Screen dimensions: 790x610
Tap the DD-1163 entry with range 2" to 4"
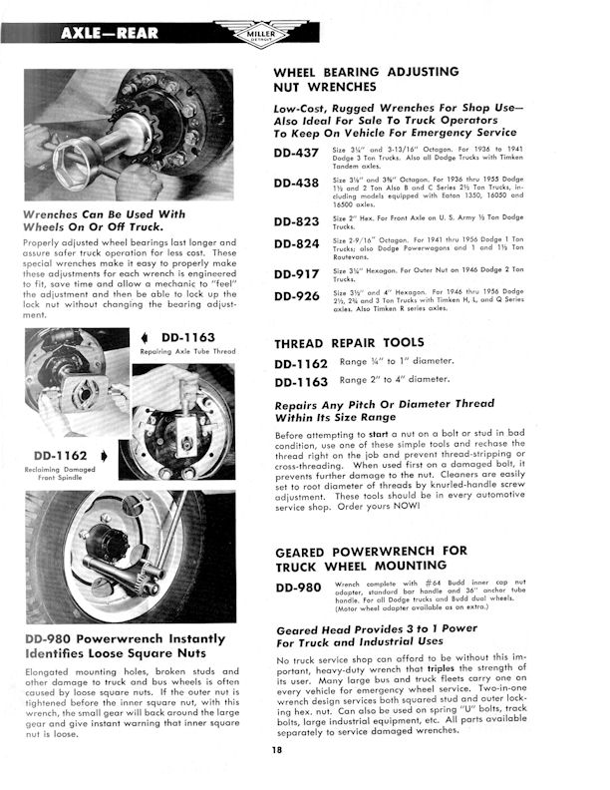(x=302, y=382)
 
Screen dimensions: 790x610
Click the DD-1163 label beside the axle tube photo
(x=188, y=340)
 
